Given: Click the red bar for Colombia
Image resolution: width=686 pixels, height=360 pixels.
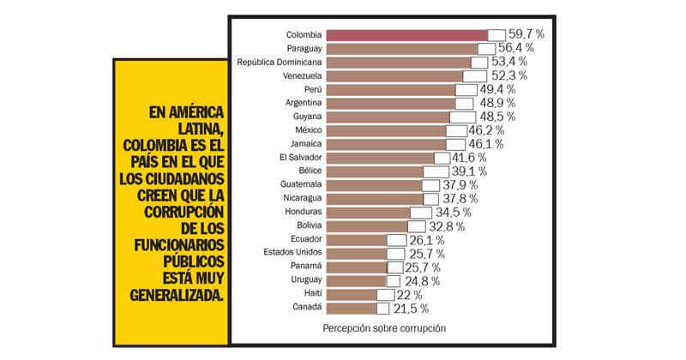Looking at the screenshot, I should (407, 34).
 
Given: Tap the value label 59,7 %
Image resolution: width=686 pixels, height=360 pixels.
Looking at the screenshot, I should (527, 34).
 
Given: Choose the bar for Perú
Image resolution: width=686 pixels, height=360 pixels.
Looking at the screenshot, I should (390, 89).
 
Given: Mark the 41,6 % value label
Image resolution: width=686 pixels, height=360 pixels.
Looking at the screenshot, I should (469, 158).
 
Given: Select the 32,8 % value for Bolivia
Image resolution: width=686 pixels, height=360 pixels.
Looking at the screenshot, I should (447, 226).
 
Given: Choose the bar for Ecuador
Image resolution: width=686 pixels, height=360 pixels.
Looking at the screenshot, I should (357, 239).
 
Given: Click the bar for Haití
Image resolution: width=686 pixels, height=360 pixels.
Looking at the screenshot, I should (352, 294).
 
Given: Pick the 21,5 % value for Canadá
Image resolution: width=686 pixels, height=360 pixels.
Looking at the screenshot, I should (411, 308).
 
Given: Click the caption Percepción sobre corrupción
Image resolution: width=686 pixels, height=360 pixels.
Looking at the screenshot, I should (384, 328).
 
